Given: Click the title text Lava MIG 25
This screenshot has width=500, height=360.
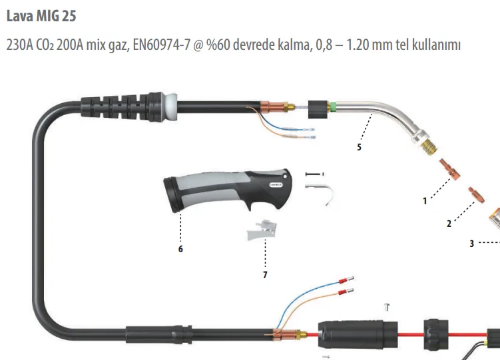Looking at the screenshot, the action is click(41, 16).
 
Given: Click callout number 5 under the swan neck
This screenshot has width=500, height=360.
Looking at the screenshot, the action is click(359, 147).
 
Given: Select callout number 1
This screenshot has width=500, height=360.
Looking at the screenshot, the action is click(425, 201).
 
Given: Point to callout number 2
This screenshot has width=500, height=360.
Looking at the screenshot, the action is click(449, 224).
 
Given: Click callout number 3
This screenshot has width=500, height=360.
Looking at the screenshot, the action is click(472, 244).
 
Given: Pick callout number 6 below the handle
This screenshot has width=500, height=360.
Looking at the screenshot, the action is click(180, 249).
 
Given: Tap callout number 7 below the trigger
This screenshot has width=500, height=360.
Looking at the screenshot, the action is click(265, 275).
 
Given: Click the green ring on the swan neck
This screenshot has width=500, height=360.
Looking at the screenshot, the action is click(333, 107).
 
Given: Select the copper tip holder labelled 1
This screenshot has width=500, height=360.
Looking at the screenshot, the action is click(449, 169).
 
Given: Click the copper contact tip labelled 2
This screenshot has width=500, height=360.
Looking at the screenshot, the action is click(477, 195).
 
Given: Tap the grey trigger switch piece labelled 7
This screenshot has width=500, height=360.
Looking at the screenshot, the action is click(262, 230).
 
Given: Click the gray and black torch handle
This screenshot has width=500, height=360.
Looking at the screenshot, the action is click(228, 190).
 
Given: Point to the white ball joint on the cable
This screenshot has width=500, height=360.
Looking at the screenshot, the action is click(170, 106).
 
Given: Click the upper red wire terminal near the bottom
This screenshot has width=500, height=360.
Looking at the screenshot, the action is click(346, 280).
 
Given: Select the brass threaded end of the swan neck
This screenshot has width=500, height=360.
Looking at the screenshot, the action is click(429, 147).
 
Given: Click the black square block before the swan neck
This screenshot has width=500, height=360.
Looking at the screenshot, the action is click(318, 110).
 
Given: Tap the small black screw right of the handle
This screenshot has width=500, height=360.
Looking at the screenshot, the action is click(315, 174).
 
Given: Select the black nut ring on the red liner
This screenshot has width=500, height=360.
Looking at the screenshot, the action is click(436, 335).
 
